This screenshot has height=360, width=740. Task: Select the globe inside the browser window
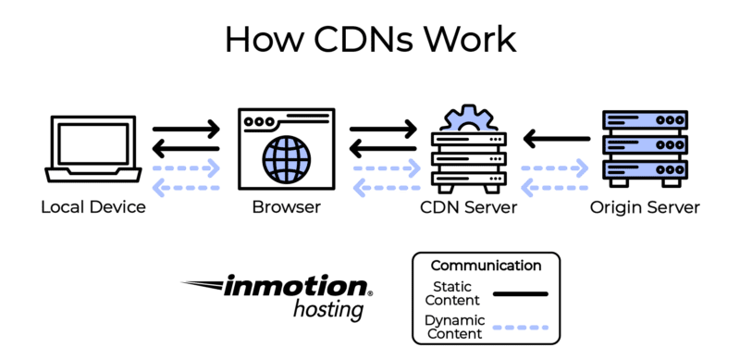click(287, 159)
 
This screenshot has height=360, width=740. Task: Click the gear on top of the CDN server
click(469, 118)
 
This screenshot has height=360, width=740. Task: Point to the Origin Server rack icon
click(645, 149)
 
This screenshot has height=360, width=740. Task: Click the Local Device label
click(93, 207)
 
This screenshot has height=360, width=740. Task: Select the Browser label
click(287, 207)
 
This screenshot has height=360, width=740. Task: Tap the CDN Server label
click(469, 207)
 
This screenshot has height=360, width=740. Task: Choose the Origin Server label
click(645, 207)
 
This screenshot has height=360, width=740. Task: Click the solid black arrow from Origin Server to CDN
click(557, 139)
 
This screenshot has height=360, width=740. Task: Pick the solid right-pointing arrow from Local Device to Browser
click(187, 129)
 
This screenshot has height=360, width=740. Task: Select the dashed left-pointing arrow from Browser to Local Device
click(187, 188)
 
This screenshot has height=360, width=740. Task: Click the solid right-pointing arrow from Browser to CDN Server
click(383, 129)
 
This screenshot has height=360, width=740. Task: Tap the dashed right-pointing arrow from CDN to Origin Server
click(554, 168)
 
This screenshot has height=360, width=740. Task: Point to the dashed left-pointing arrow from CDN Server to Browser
click(387, 188)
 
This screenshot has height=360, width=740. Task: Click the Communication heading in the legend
click(487, 266)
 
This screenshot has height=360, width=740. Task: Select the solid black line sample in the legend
click(521, 294)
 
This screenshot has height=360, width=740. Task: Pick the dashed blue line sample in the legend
click(521, 328)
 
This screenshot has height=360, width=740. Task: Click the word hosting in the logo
click(328, 310)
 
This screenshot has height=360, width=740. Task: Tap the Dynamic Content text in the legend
click(453, 327)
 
